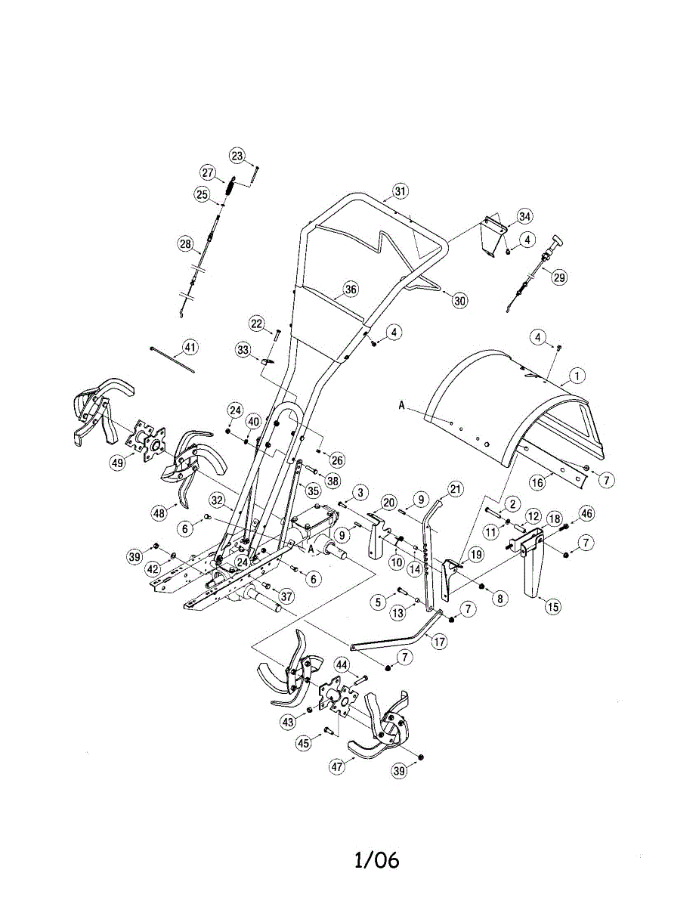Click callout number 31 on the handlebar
400,191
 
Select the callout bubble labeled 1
577,373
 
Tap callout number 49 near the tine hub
117,463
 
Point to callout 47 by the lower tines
338,766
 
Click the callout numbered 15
554,605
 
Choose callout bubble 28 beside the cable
185,244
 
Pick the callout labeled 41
190,348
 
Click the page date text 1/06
376,859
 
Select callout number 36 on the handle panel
350,289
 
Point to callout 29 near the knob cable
558,277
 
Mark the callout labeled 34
524,217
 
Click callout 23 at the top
238,156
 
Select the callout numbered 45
304,744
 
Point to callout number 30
459,300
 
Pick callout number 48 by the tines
159,513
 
